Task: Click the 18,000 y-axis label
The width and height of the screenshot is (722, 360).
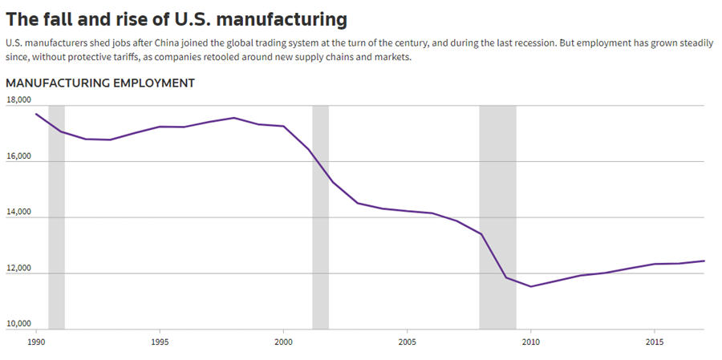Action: pyautogui.click(x=18, y=100)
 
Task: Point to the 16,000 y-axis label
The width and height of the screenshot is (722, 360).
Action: pyautogui.click(x=18, y=156)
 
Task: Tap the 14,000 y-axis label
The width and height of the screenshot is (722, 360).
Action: pyautogui.click(x=18, y=212)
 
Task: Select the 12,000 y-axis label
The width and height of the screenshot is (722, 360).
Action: pyautogui.click(x=18, y=269)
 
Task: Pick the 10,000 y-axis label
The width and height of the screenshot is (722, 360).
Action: pyautogui.click(x=18, y=325)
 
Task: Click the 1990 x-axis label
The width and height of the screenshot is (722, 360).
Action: pyautogui.click(x=36, y=341)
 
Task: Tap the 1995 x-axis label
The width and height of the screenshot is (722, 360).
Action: pyautogui.click(x=160, y=341)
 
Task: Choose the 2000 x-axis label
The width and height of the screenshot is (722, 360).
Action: pyautogui.click(x=283, y=341)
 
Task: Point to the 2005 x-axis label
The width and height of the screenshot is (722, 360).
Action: pyautogui.click(x=407, y=341)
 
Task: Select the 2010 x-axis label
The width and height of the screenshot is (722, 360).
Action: pyautogui.click(x=530, y=341)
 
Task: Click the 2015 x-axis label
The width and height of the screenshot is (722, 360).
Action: pyautogui.click(x=654, y=341)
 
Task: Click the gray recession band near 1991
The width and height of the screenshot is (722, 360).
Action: pyautogui.click(x=56, y=216)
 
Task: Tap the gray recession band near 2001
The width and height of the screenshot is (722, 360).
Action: pyautogui.click(x=320, y=216)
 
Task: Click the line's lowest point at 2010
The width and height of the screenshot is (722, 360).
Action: pyautogui.click(x=530, y=286)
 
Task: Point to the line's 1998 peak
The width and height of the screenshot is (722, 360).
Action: pyautogui.click(x=233, y=118)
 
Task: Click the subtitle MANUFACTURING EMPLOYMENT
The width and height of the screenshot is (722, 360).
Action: pyautogui.click(x=100, y=83)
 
